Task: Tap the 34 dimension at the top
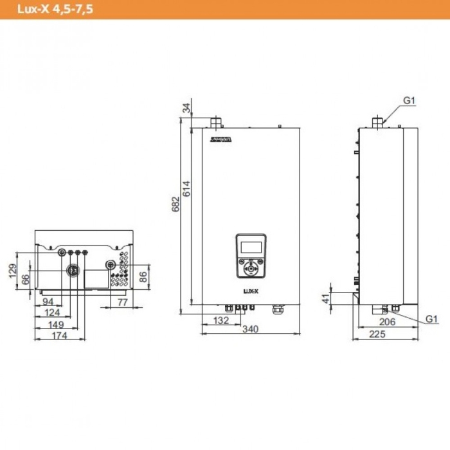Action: pos(187,108)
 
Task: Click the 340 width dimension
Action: pos(251,329)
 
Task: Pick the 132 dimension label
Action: pos(221,319)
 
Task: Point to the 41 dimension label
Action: pos(326,297)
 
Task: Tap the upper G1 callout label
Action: pos(410,101)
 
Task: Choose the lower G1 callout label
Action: pos(431,319)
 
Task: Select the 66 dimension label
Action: pos(26,279)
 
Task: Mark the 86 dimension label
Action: pos(143,278)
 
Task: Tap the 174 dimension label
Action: pos(59,336)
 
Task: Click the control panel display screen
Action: pos(250,246)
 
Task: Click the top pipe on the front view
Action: pos(216,121)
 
